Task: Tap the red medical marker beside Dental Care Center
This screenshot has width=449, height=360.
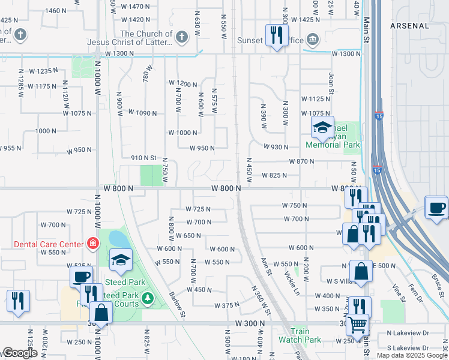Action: pyautogui.click(x=92, y=244)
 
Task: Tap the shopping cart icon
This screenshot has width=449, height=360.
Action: pyautogui.click(x=358, y=325)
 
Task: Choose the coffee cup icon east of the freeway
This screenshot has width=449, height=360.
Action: pyautogui.click(x=436, y=208)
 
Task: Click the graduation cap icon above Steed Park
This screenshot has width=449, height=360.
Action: pyautogui.click(x=121, y=259)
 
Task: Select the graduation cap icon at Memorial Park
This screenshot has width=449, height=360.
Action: pyautogui.click(x=322, y=127)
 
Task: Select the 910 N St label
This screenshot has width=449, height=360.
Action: pyautogui.click(x=143, y=158)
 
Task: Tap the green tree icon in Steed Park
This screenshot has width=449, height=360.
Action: pyautogui.click(x=149, y=298)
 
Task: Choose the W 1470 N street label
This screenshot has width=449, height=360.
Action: pyautogui.click(x=135, y=7)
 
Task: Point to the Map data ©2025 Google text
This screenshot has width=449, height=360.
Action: pyautogui.click(x=412, y=355)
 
